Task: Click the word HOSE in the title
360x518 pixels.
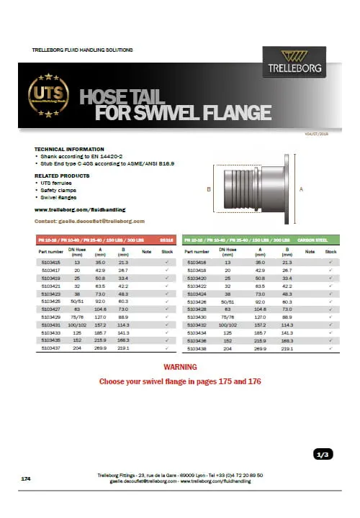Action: click(107, 97)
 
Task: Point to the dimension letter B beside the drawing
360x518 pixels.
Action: click(207, 188)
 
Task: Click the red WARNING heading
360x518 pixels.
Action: click(181, 368)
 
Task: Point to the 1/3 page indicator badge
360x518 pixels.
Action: click(323, 454)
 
